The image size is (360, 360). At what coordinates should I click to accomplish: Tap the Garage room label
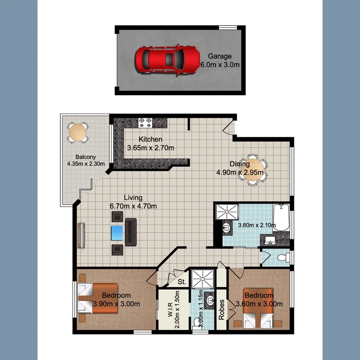pyautogui.click(x=220, y=56)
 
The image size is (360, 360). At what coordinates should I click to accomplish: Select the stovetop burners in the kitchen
pyautogui.click(x=146, y=122)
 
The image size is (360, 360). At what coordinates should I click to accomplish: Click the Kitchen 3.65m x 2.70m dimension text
pyautogui.click(x=150, y=148)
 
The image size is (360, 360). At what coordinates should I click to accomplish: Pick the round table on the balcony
pyautogui.click(x=78, y=132)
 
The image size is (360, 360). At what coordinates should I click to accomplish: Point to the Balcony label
pyautogui.click(x=85, y=157)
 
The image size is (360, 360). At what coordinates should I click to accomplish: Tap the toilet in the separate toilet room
pyautogui.click(x=283, y=258)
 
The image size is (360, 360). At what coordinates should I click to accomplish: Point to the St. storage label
pyautogui.click(x=182, y=282)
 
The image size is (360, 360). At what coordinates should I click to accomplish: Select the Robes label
pyautogui.click(x=222, y=309)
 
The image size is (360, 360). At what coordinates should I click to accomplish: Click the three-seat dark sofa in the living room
pyautogui.click(x=131, y=232)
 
